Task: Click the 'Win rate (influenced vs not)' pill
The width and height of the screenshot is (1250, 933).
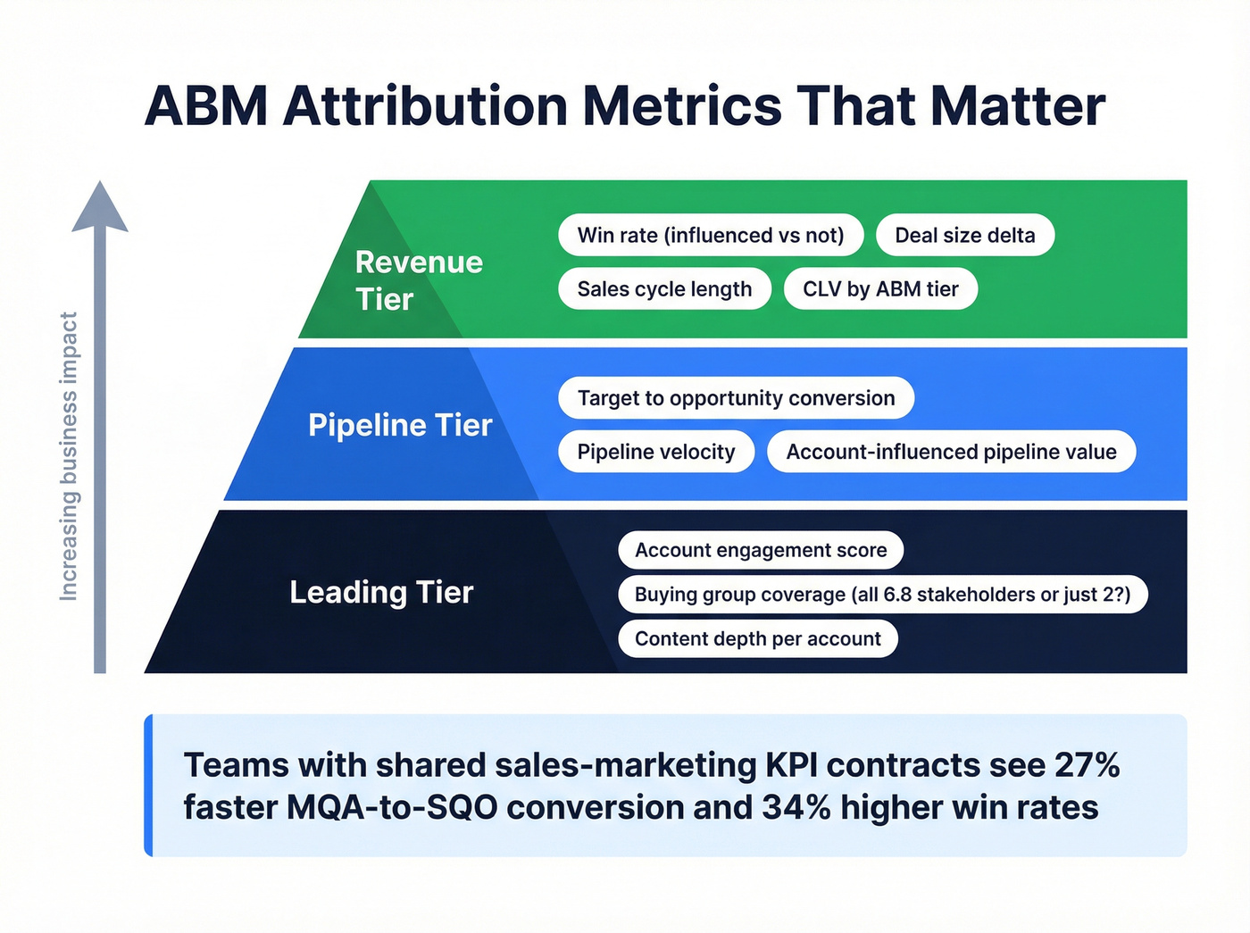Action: click(711, 235)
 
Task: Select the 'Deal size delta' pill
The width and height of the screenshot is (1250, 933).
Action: click(964, 235)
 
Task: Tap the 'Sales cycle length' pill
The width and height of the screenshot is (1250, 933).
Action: click(664, 288)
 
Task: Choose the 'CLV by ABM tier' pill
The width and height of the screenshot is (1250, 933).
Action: click(880, 288)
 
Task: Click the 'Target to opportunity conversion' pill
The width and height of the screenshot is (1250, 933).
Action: click(736, 398)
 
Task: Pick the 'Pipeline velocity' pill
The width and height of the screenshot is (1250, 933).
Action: click(656, 452)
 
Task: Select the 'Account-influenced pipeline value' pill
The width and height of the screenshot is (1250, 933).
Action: click(951, 452)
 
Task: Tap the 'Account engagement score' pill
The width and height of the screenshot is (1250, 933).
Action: click(761, 550)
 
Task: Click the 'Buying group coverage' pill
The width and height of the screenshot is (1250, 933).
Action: click(882, 595)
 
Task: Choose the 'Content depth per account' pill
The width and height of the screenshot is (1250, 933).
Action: click(757, 639)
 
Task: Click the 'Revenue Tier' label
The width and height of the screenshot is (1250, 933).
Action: click(418, 280)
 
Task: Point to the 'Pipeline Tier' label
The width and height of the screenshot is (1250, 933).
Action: click(400, 425)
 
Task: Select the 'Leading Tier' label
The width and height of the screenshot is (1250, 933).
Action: click(381, 592)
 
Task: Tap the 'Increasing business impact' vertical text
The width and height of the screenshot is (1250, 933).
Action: click(69, 455)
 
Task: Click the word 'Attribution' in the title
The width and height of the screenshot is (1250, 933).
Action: click(425, 106)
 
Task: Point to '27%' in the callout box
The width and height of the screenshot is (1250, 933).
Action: click(1087, 765)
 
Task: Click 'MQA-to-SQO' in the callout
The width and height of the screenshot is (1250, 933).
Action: click(392, 807)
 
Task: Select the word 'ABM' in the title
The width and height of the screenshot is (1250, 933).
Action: click(206, 106)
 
